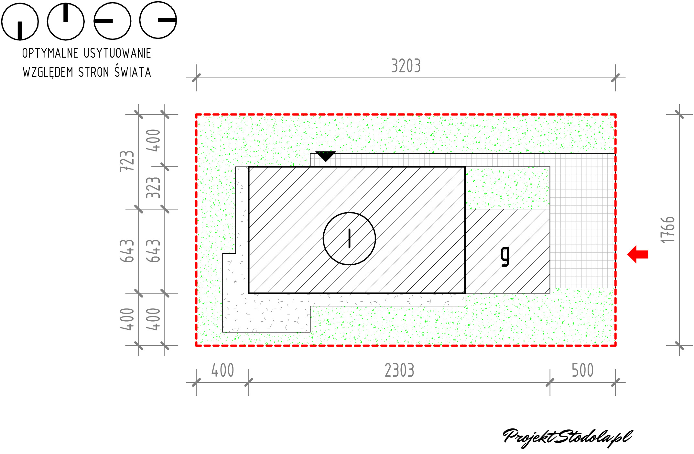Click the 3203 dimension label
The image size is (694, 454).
click(406, 66)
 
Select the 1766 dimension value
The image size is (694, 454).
click(668, 230)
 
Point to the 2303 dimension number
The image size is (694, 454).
click(399, 370)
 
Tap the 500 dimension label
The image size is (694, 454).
click(583, 370)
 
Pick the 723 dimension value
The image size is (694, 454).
click(127, 161)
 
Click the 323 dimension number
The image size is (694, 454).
click(153, 188)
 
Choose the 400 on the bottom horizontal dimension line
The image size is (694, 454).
click(222, 370)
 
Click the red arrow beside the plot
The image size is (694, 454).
click(638, 254)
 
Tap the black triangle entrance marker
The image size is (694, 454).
click(326, 156)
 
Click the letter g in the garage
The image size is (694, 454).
click(505, 257)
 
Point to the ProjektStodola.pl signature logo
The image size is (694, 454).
click(568, 437)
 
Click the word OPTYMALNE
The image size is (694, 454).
click(50, 53)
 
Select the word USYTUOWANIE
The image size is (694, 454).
click(117, 53)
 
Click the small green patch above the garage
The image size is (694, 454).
click(507, 188)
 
